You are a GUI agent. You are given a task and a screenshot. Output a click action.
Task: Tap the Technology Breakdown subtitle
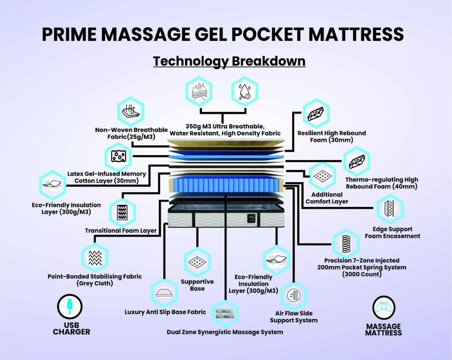229,60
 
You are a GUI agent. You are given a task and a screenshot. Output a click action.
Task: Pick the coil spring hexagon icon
345,243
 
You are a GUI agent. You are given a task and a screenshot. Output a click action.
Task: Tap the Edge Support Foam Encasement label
392,232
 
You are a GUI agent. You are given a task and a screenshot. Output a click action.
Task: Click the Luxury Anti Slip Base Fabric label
165,312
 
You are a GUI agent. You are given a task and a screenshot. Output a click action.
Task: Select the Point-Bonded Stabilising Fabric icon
95,257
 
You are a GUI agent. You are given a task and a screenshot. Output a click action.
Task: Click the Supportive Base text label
197,285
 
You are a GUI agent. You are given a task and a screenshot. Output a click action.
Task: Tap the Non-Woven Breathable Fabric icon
130,111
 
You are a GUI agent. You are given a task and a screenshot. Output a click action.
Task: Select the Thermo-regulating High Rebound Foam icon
357,161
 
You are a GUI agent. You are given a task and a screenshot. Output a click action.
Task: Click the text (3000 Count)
362,274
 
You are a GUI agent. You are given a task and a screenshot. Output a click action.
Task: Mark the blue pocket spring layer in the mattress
226,186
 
